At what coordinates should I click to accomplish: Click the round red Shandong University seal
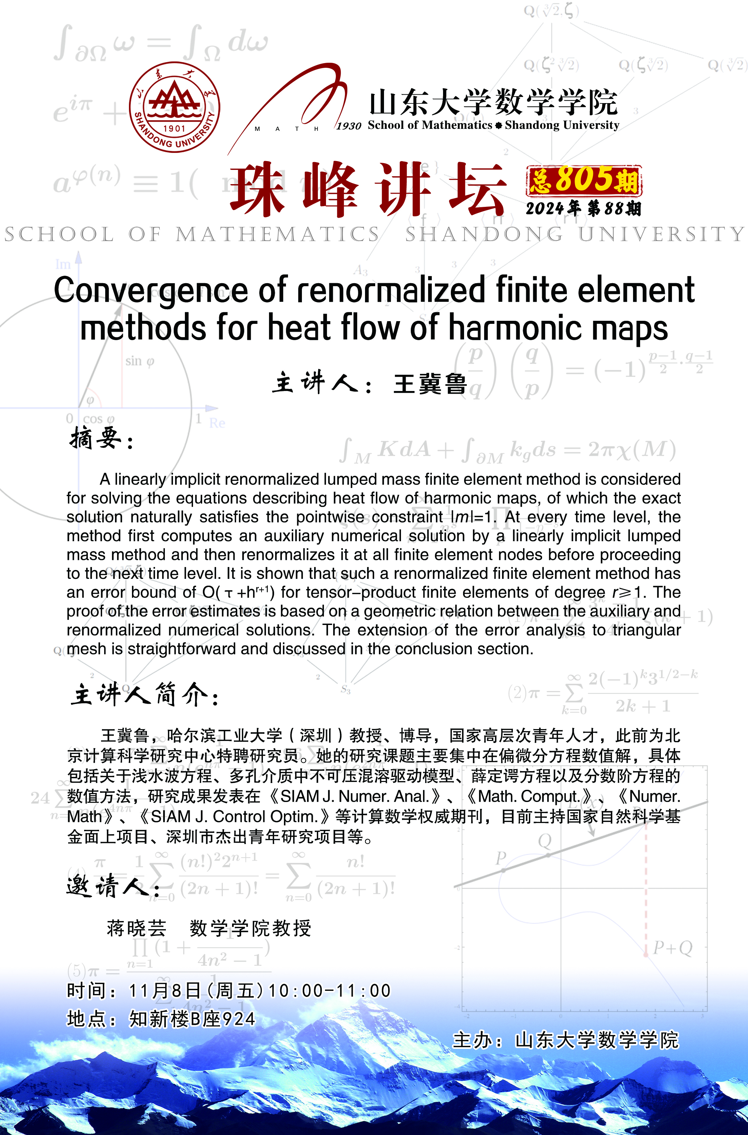pyautogui.click(x=175, y=107)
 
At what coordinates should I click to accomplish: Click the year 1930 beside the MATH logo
pyautogui.click(x=349, y=126)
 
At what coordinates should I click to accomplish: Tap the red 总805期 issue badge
pyautogui.click(x=584, y=180)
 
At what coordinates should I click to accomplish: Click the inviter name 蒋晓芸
pyautogui.click(x=136, y=928)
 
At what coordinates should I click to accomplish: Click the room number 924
pyautogui.click(x=239, y=1019)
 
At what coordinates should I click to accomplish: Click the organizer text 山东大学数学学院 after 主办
pyautogui.click(x=597, y=1040)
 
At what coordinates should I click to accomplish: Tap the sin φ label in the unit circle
pyautogui.click(x=140, y=361)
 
